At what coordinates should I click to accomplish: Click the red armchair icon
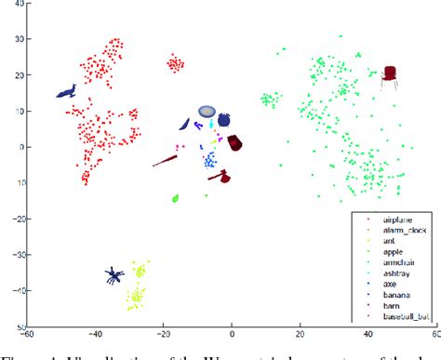click(x=391, y=76)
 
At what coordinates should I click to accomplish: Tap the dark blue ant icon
click(x=114, y=275)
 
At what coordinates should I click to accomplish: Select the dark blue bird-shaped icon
click(x=66, y=91)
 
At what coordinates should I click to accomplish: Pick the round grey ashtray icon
click(x=207, y=110)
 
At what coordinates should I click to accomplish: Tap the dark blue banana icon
click(x=185, y=125)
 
